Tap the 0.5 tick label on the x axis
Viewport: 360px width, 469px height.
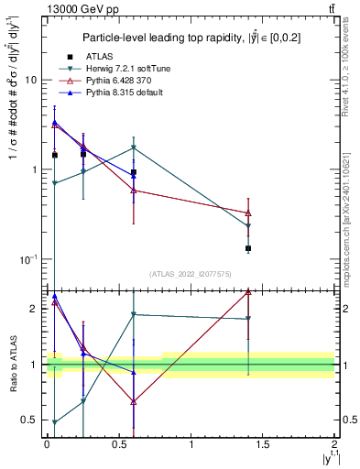click(118, 444)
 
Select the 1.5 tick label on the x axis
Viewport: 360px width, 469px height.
click(263, 444)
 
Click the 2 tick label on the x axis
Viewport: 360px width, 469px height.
click(334, 444)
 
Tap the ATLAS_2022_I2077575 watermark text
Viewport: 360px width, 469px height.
click(191, 274)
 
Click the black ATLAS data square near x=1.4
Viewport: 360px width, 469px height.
click(248, 248)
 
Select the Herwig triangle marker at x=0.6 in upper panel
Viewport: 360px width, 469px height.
click(134, 147)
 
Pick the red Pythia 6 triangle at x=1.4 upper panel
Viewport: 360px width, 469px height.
click(248, 213)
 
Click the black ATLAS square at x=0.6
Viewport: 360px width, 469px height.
click(134, 172)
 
